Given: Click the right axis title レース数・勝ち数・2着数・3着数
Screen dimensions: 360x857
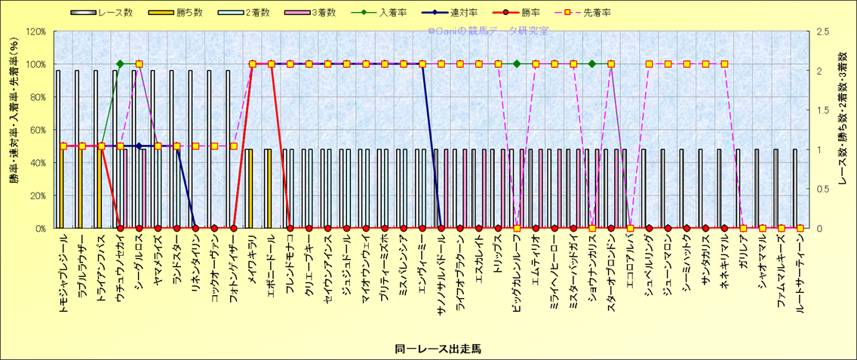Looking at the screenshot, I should (843, 130).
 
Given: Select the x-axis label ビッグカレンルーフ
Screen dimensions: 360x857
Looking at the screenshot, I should (517, 275).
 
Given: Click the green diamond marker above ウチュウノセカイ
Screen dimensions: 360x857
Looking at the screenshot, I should (120, 64).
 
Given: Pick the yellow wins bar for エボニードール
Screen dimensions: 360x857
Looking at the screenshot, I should (267, 189).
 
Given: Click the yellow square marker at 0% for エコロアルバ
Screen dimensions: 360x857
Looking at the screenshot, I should (630, 228).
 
